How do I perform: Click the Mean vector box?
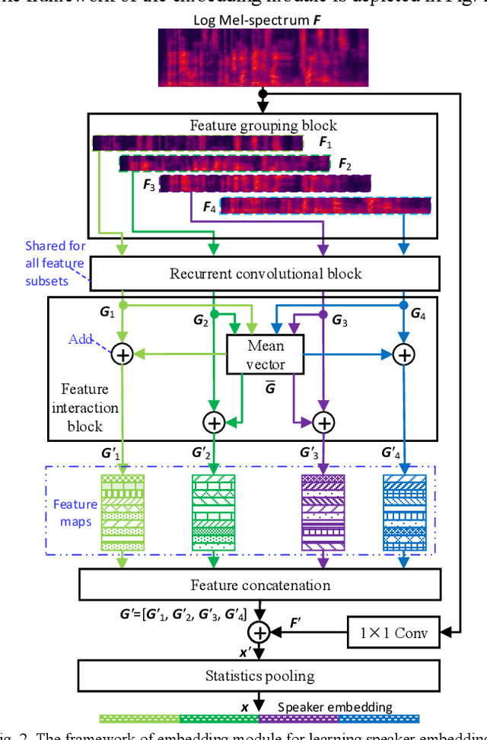click(266, 354)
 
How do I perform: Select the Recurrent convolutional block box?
click(265, 273)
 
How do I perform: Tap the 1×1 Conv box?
click(394, 631)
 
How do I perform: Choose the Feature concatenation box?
click(260, 585)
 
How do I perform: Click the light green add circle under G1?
click(122, 354)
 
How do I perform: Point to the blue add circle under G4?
click(404, 354)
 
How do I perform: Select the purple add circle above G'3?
click(325, 421)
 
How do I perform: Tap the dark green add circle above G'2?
click(215, 421)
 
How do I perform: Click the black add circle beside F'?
click(260, 631)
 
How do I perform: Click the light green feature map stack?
click(122, 512)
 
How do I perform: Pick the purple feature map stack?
click(323, 512)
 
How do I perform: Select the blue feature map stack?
click(403, 512)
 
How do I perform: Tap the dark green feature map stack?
click(213, 512)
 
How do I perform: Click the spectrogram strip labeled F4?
click(326, 205)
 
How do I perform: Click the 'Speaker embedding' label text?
click(345, 707)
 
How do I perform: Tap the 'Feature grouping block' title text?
click(263, 125)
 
